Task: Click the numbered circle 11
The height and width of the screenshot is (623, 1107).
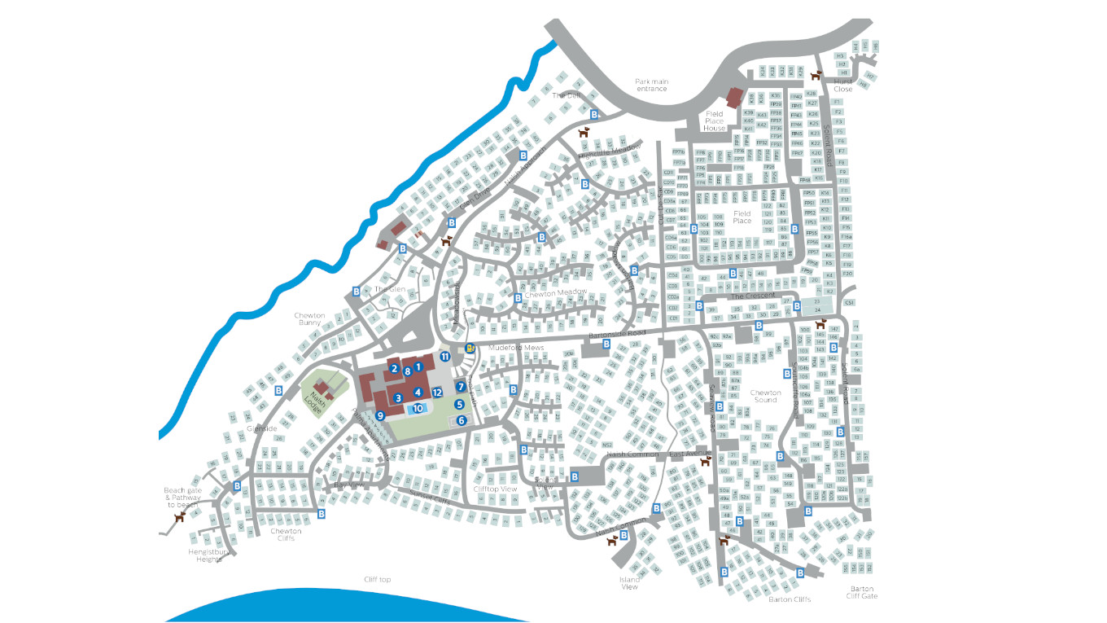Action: [x=445, y=356]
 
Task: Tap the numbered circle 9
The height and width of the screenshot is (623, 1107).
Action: [x=379, y=415]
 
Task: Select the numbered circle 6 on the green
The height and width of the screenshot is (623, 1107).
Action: [x=462, y=420]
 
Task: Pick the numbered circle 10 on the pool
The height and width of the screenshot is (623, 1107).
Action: [x=418, y=409]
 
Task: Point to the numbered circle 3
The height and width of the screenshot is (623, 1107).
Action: [x=398, y=398]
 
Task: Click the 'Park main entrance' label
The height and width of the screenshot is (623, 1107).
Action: [x=651, y=85]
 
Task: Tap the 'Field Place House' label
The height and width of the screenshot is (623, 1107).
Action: [x=714, y=121]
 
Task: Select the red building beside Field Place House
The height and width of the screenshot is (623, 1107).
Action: [x=734, y=99]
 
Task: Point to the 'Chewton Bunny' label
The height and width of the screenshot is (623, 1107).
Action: [x=309, y=319]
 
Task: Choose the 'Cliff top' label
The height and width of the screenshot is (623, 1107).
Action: [x=378, y=580]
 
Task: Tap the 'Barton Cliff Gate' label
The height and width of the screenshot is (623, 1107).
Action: [x=862, y=592]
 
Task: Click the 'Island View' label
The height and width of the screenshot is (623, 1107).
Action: [x=629, y=583]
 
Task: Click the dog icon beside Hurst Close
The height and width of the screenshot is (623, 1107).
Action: [x=816, y=74]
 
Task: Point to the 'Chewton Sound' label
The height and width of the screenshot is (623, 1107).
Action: [x=765, y=396]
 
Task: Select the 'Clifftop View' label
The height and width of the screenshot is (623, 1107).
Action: [x=495, y=489]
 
